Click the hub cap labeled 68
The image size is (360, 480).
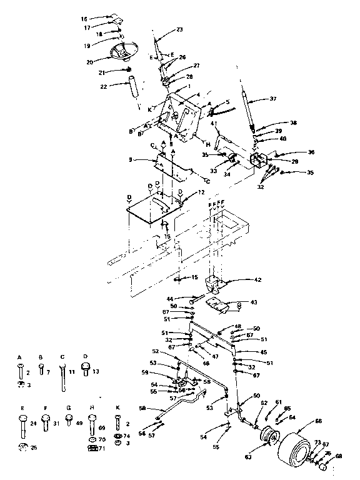[x=324, y=466]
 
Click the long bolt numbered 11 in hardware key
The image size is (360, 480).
[x=62, y=376]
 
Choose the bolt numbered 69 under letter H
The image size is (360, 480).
[x=92, y=431]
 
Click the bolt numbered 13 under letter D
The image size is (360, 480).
[x=86, y=370]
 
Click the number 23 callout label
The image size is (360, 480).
[x=179, y=29]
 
